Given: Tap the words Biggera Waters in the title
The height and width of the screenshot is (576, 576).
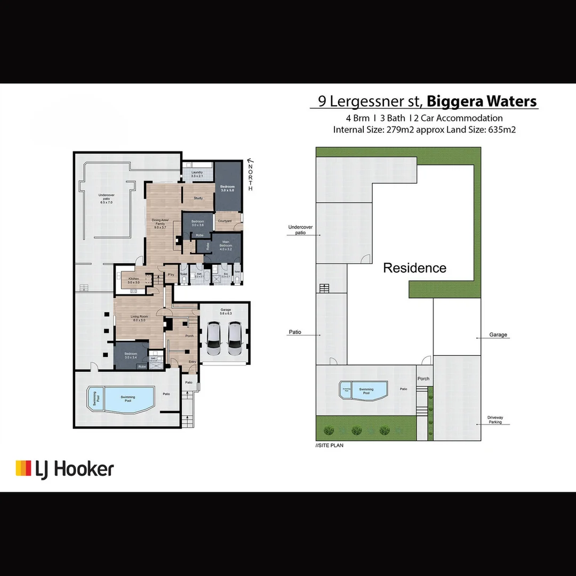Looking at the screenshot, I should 482,101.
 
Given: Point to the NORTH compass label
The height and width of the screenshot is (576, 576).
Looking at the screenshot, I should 250,177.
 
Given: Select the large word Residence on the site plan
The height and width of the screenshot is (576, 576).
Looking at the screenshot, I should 414,268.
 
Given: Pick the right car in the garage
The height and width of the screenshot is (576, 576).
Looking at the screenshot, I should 235,340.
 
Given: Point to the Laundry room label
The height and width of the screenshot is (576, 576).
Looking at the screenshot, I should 197,174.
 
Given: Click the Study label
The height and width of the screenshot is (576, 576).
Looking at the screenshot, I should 198,198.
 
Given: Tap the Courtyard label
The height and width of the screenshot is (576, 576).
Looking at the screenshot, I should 225,221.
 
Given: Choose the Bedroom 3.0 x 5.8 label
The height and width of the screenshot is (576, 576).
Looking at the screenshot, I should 227,188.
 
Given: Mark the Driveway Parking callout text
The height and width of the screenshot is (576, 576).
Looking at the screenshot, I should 494,420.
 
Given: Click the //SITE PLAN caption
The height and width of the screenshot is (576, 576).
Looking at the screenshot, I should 330,445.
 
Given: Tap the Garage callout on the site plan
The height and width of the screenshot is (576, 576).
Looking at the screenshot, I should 498,335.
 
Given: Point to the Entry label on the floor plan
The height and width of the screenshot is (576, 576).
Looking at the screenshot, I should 192,362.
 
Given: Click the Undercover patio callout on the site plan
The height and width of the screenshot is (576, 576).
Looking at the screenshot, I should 300,230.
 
